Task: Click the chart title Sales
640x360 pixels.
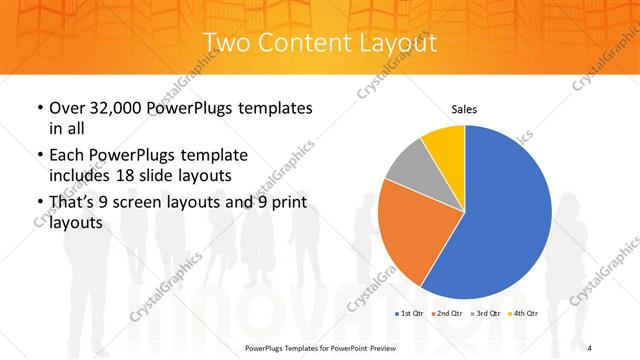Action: point(464,107)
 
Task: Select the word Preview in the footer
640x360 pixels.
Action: point(379,348)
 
